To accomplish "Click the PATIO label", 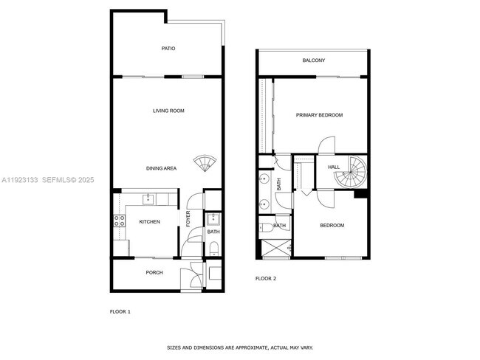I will tap(168, 49).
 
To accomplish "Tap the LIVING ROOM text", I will tap(168, 111).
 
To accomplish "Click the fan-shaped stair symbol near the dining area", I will tap(202, 163).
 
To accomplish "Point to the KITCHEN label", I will tap(150, 222).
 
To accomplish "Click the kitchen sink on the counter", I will tap(148, 198).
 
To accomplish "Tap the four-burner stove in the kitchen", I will tap(118, 221).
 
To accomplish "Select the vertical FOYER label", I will tap(188, 219).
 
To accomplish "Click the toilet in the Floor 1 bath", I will tap(213, 251).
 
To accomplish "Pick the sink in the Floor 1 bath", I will tap(213, 218).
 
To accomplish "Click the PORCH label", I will tap(154, 273).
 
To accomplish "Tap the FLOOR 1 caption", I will tap(120, 311).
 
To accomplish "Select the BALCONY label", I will tap(314, 60).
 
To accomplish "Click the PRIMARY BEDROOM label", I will tap(319, 115).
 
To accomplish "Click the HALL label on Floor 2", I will tap(334, 167).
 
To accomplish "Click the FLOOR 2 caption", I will tap(266, 278).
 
